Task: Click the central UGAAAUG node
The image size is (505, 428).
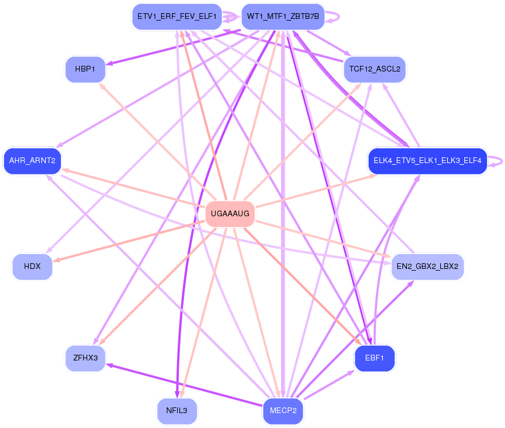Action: point(230,214)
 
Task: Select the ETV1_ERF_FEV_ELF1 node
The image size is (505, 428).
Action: point(176,17)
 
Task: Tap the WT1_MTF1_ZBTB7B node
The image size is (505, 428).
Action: point(283,17)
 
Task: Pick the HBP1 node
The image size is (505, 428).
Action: point(85,69)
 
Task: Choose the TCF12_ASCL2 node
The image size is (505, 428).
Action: point(374,69)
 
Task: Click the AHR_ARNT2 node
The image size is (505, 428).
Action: point(32,161)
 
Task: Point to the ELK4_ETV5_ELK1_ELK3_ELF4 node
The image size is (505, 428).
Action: point(428,161)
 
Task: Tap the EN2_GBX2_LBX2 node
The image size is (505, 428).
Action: point(427,267)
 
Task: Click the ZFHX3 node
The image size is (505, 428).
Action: point(85,358)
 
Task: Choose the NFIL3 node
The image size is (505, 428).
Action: point(177,411)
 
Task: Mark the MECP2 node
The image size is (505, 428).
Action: point(283,411)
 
